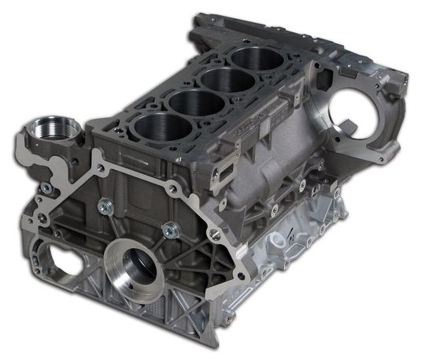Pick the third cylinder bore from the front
pyautogui.click(x=222, y=80)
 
